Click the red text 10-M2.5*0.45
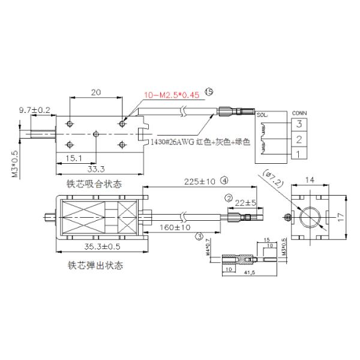click(x=172, y=95)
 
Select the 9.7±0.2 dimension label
click(x=34, y=110)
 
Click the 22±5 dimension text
click(x=245, y=202)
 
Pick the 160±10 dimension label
click(x=176, y=228)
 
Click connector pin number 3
click(x=296, y=124)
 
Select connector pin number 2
click(x=296, y=140)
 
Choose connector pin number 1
click(x=296, y=155)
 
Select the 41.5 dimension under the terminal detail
click(x=247, y=274)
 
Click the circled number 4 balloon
click(x=224, y=179)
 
